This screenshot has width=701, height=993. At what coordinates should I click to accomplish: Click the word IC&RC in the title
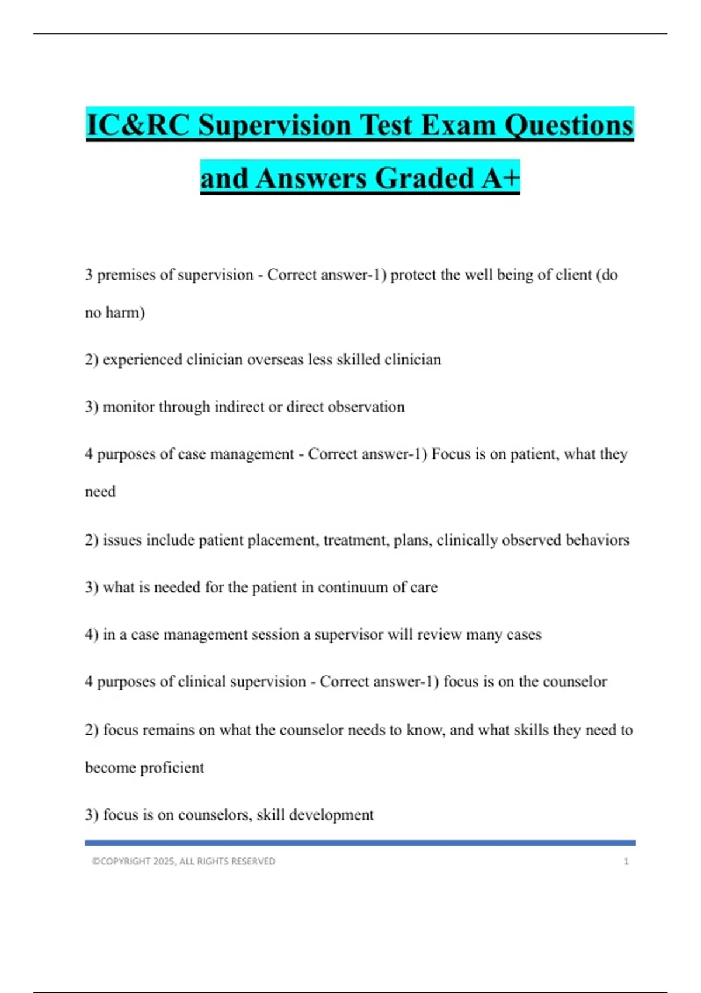click(138, 125)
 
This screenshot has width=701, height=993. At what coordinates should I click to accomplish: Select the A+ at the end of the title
click(501, 178)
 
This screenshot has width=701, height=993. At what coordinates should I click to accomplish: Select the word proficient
click(172, 768)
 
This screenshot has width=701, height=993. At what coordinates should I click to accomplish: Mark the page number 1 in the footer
click(626, 862)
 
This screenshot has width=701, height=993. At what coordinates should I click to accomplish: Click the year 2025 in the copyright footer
click(164, 862)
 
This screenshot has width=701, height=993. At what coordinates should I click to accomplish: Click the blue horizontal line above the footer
click(360, 843)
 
